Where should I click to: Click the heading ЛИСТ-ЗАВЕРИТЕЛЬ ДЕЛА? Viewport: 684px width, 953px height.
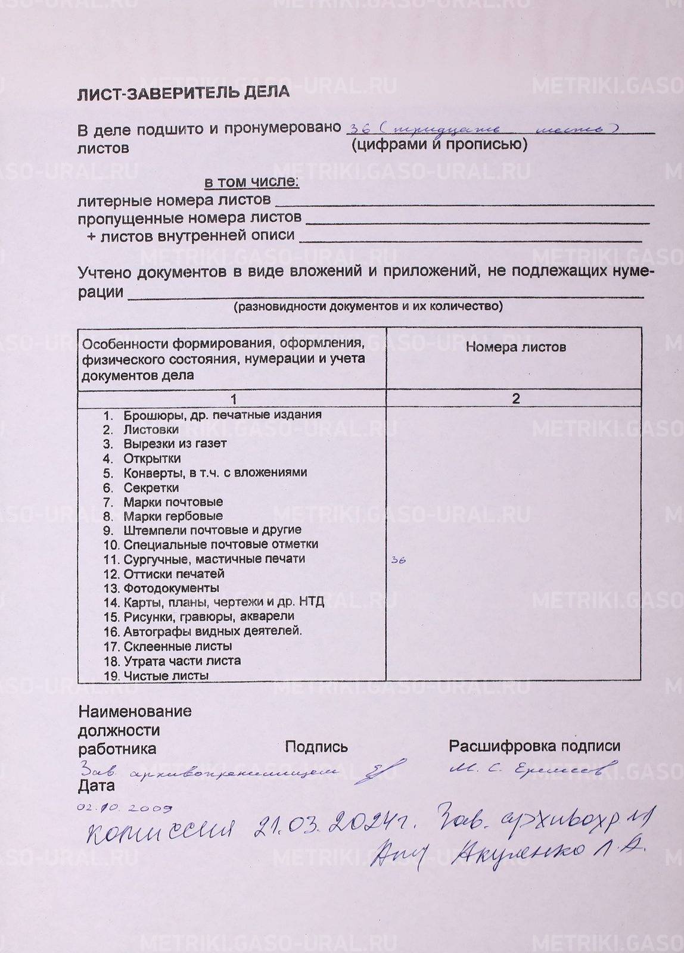[183, 92]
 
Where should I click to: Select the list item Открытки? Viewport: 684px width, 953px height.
[152, 459]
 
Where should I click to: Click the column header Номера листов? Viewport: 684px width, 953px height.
[515, 347]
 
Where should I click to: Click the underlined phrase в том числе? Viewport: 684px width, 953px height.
[251, 182]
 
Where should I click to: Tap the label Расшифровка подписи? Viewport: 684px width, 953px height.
[534, 746]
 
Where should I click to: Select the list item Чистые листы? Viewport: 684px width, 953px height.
[166, 675]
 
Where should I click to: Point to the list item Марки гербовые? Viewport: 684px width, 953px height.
[173, 516]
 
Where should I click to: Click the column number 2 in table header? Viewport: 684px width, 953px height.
[516, 398]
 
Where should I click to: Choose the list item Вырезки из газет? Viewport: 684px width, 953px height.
[175, 444]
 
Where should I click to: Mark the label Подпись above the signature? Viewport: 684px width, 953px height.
[316, 746]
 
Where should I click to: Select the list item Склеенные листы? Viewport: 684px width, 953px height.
[178, 646]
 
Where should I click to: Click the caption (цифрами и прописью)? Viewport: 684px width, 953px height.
[439, 144]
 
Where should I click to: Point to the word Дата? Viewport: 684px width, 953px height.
[97, 786]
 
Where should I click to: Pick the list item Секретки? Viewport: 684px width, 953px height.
[151, 487]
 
